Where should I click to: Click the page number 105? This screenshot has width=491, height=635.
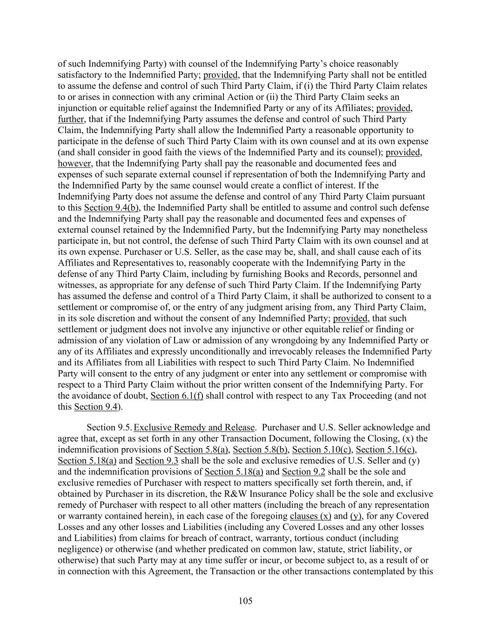[245, 601]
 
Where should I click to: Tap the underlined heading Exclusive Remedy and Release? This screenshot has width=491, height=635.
[194, 427]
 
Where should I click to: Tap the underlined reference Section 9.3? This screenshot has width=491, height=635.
[156, 461]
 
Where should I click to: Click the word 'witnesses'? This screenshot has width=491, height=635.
[76, 285]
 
